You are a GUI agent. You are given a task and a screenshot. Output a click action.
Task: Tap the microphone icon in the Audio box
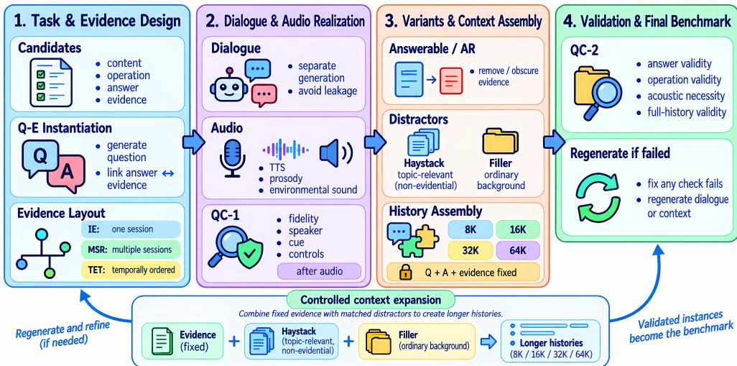[232, 157]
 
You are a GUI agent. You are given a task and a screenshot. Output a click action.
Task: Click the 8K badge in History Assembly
[470, 229]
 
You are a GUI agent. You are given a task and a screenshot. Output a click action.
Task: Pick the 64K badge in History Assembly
[517, 250]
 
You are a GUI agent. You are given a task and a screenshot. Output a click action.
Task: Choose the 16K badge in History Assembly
[517, 229]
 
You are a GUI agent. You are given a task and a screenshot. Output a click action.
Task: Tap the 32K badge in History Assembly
[470, 250]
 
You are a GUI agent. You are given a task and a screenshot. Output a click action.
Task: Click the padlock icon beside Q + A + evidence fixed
[405, 272]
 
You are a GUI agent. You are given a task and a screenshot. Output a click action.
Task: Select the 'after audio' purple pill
[319, 271]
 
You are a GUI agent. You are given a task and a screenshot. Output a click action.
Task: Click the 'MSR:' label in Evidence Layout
[98, 250]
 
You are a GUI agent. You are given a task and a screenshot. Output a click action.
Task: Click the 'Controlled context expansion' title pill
[371, 300]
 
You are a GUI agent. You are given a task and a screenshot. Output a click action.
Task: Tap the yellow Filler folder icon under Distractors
[500, 142]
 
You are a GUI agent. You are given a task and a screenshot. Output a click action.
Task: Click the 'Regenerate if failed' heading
[619, 154]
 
